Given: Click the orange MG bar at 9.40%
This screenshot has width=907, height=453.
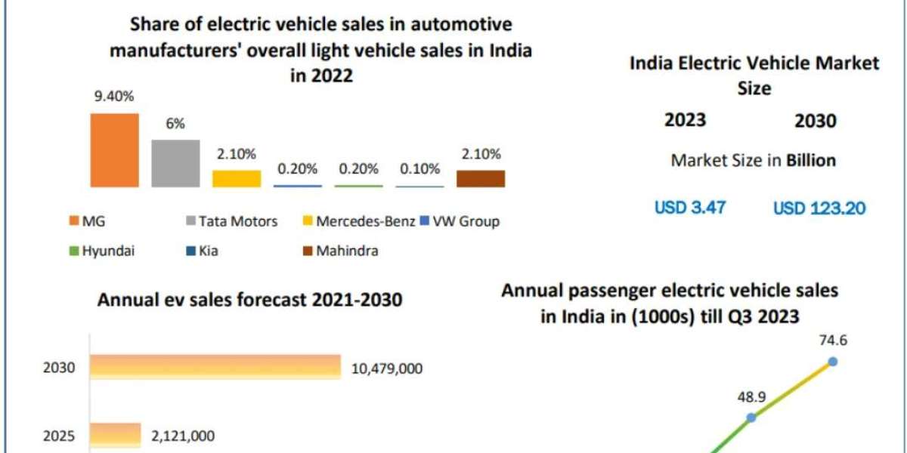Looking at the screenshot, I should [x=114, y=150].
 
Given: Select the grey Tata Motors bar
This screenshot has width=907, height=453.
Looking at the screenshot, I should [x=175, y=163].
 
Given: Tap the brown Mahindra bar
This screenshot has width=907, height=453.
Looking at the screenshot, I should [x=481, y=178].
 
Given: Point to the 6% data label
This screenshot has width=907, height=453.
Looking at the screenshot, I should [x=176, y=124].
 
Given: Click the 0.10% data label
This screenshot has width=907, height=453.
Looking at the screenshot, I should [x=420, y=169].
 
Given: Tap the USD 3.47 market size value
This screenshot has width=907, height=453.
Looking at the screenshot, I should [x=690, y=208].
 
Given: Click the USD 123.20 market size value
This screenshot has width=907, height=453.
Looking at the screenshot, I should [x=819, y=208].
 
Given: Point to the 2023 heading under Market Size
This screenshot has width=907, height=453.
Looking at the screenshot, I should [x=685, y=120].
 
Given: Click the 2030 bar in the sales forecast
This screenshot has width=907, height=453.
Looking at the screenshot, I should [x=215, y=368].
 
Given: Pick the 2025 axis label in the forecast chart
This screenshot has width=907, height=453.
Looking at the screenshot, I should [x=60, y=435].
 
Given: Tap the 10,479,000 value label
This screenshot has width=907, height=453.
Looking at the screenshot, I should [x=387, y=368].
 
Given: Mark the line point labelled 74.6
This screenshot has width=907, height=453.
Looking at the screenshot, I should [x=833, y=361].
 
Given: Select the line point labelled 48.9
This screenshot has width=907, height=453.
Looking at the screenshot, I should [x=751, y=417].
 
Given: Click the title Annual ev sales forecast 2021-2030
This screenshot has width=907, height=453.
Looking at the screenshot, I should [x=249, y=300].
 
